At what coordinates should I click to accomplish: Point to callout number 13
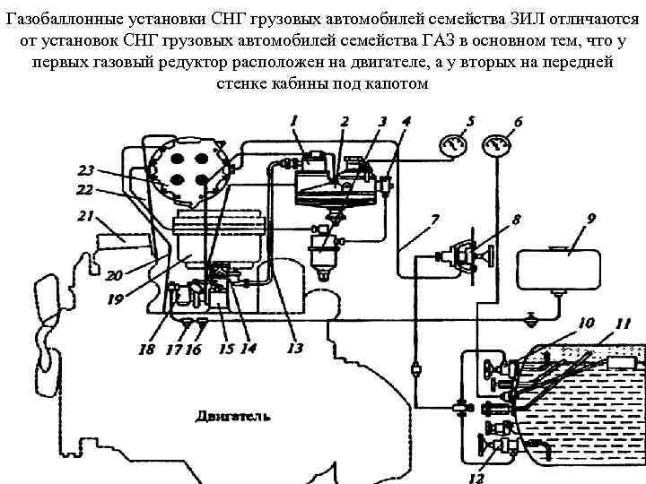295,348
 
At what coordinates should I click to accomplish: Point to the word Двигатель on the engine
232,416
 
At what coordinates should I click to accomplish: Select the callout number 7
434,219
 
